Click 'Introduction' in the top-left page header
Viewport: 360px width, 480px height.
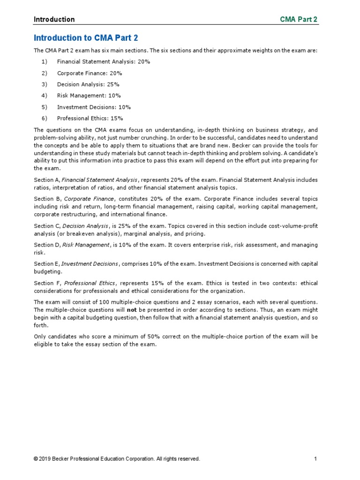pos(54,19)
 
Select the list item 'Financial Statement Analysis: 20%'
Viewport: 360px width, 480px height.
pos(103,61)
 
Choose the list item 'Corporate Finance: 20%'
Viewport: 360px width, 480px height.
pos(90,73)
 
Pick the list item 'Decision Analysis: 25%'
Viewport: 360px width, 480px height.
pos(88,84)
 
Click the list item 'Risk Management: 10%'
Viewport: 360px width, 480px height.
pos(89,96)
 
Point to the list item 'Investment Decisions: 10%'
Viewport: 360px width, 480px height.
pos(94,107)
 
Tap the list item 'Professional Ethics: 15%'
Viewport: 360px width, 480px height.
pos(90,119)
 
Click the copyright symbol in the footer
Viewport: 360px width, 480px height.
pos(36,459)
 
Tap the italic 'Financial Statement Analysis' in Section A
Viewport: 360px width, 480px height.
pos(100,180)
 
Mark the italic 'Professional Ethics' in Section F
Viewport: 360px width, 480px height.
pos(89,283)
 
